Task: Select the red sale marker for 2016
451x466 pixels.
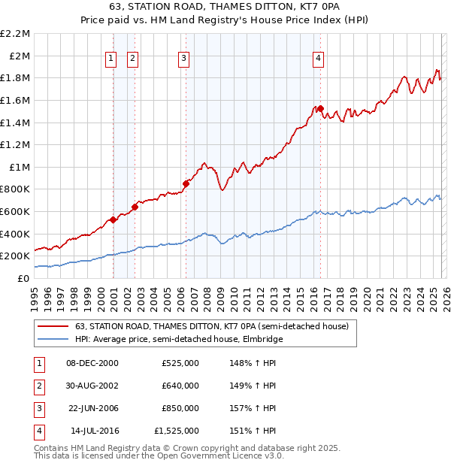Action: [x=320, y=109]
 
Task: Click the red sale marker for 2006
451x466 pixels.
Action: [x=186, y=183]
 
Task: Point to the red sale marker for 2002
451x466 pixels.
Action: [x=135, y=207]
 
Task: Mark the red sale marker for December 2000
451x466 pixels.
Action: [x=113, y=219]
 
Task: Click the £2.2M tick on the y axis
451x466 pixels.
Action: [x=17, y=34]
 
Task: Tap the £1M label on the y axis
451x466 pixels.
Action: [x=20, y=167]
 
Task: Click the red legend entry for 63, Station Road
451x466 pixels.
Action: [x=211, y=327]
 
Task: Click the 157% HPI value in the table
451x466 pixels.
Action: [x=250, y=408]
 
